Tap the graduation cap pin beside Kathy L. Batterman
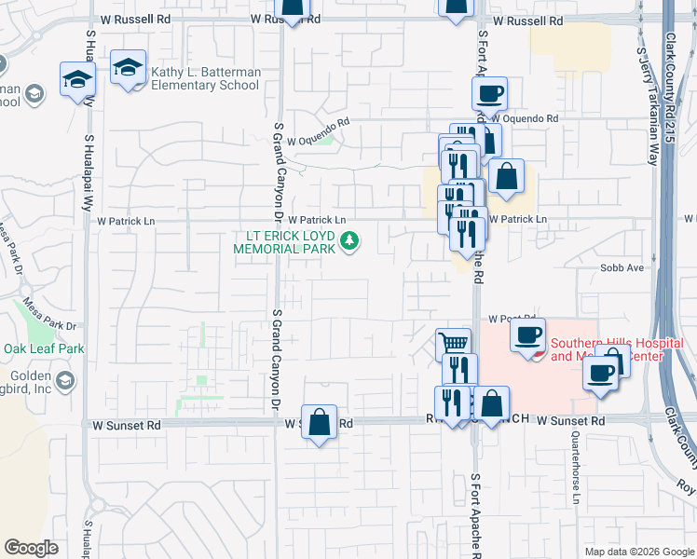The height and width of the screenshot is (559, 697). pos(128,68)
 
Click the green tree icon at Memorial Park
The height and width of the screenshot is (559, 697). pos(350,242)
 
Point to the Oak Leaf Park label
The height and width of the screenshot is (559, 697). pos(44,348)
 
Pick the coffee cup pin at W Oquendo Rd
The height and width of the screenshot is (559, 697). pos(489,93)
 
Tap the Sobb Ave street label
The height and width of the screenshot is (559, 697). pos(623,267)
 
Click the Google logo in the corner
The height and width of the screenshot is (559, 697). pos(32,548)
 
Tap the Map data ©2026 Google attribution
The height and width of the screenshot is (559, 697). pos(638,552)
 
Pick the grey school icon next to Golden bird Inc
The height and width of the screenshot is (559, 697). pos(64,379)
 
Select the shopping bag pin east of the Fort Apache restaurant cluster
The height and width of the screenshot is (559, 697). pos(506,176)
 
